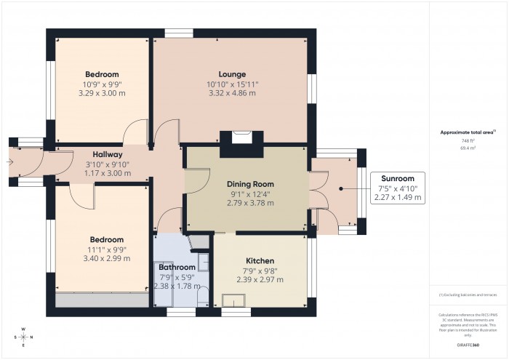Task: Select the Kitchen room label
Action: pyautogui.click(x=259, y=260)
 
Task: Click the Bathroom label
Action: pyautogui.click(x=177, y=267)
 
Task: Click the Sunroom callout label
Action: pyautogui.click(x=398, y=178)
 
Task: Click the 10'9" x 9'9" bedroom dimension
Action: pyautogui.click(x=102, y=84)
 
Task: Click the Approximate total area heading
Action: pyautogui.click(x=467, y=132)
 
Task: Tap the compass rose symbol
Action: pyautogui.click(x=24, y=336)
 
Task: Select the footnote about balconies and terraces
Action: pyautogui.click(x=467, y=294)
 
